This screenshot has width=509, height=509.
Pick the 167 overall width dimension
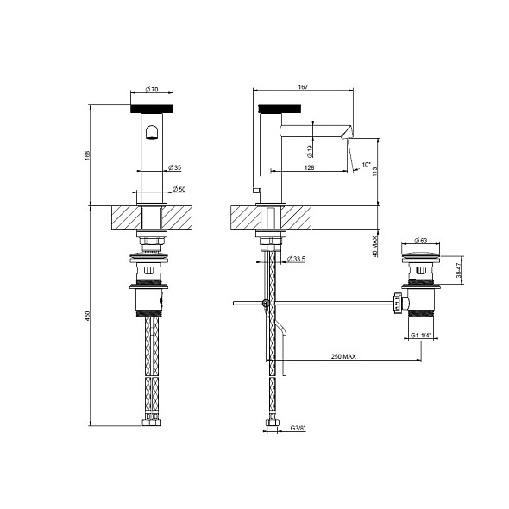pos(302,86)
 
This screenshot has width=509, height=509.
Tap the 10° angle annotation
pos(366,164)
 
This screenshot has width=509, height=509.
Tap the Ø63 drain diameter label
pos(422,241)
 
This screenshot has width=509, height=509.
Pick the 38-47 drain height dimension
pos(459,271)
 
